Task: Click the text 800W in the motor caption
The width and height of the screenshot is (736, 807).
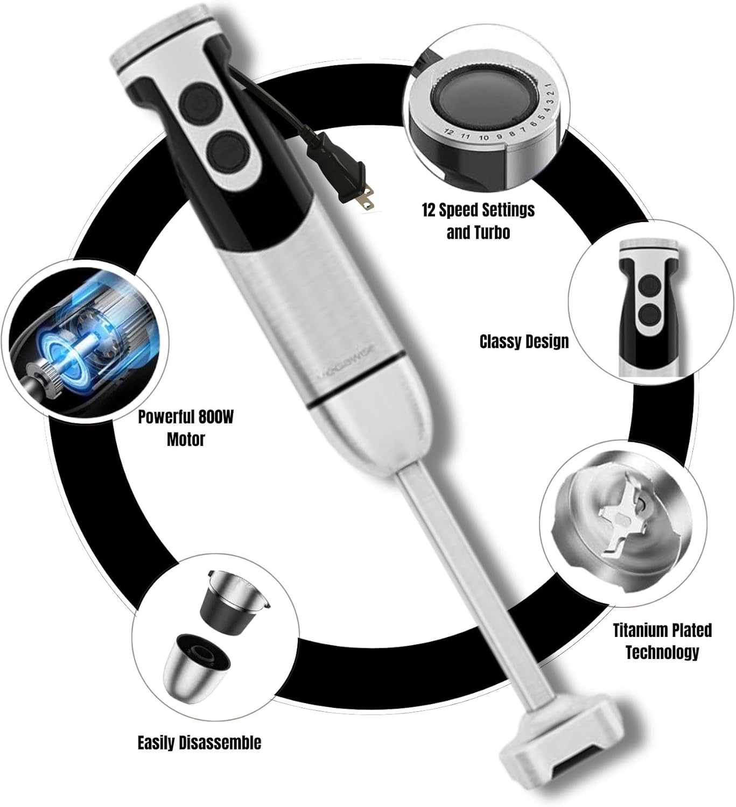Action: (216, 417)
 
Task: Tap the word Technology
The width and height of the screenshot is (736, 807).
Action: (662, 653)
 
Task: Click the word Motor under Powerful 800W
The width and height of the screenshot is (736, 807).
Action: (186, 440)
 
